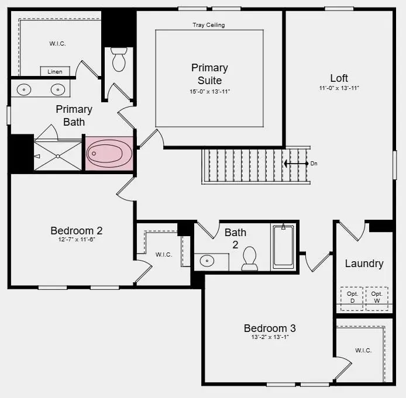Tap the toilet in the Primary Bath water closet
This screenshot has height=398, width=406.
(x=119, y=59)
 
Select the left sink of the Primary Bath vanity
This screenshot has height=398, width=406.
(x=23, y=89)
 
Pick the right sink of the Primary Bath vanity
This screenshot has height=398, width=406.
(x=57, y=89)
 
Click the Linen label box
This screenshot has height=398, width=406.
(x=54, y=71)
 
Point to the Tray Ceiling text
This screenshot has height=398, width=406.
(x=209, y=25)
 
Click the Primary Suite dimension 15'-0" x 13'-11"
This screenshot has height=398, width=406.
(x=209, y=92)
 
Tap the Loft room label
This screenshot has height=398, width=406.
(x=339, y=78)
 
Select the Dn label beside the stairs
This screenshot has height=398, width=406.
(x=314, y=164)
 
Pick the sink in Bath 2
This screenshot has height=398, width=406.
(x=207, y=261)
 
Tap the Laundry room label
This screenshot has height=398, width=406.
(x=364, y=264)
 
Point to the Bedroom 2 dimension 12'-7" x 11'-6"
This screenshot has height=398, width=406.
(x=76, y=240)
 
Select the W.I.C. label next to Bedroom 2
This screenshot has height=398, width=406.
(x=163, y=255)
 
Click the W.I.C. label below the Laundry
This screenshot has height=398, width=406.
(x=363, y=350)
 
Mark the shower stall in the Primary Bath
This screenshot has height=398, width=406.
(x=57, y=155)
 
